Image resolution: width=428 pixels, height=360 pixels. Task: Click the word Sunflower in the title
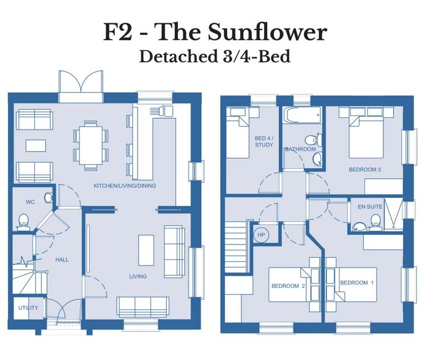(x=267, y=32)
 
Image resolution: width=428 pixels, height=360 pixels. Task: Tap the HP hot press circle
(x=261, y=235)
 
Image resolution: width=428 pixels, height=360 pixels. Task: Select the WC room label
(x=31, y=202)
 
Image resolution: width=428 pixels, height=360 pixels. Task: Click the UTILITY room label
(x=28, y=308)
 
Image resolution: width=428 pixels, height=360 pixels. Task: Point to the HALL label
(x=62, y=260)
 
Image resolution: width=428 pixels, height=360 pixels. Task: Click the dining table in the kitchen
(x=91, y=145)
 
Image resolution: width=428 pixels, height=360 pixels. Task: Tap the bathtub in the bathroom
(x=302, y=115)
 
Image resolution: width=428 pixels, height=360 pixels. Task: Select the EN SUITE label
(x=370, y=207)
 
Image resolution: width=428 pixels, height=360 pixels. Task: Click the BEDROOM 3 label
(x=364, y=169)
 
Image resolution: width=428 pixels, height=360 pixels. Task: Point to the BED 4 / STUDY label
(x=264, y=142)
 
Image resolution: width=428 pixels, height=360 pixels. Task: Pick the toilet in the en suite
(x=376, y=221)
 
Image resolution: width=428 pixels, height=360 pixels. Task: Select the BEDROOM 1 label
(x=356, y=283)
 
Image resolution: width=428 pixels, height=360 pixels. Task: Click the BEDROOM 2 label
(x=288, y=286)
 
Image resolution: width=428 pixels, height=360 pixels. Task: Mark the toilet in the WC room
(x=23, y=221)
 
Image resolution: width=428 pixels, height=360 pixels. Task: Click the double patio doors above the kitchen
(x=81, y=82)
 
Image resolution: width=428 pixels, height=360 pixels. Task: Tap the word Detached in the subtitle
(x=177, y=56)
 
